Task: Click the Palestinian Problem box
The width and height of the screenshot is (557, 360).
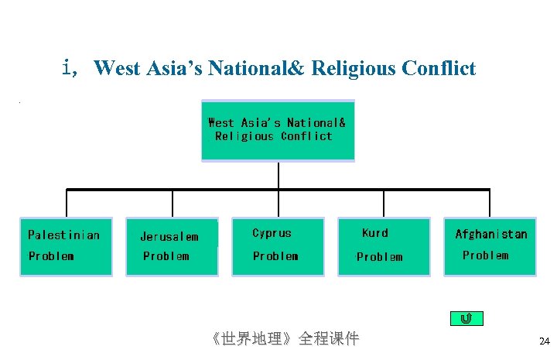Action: [x=66, y=246]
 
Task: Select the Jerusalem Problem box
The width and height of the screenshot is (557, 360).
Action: [x=172, y=246]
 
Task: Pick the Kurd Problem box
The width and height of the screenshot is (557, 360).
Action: [x=384, y=246]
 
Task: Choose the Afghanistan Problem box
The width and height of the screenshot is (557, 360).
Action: [x=490, y=246]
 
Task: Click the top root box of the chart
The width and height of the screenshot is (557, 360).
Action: [x=278, y=130]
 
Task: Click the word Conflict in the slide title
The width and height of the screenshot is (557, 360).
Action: [x=439, y=69]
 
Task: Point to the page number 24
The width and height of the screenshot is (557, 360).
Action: [x=544, y=341]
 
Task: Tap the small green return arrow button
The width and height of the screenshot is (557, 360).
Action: [x=466, y=318]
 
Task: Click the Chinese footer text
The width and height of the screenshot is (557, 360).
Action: [x=285, y=338]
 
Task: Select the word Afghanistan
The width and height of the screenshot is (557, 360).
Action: [x=491, y=234]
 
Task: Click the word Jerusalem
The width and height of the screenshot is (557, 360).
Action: [x=169, y=237]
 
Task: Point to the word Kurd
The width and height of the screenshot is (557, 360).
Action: [x=375, y=233]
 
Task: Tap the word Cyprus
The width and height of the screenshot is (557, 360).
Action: [x=272, y=233]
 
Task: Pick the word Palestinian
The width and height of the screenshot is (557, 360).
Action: [x=63, y=235]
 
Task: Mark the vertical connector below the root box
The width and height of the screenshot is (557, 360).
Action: [x=278, y=175]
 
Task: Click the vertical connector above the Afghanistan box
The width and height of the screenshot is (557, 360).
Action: [x=490, y=203]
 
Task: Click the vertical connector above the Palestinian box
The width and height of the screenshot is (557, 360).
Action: [x=67, y=203]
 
